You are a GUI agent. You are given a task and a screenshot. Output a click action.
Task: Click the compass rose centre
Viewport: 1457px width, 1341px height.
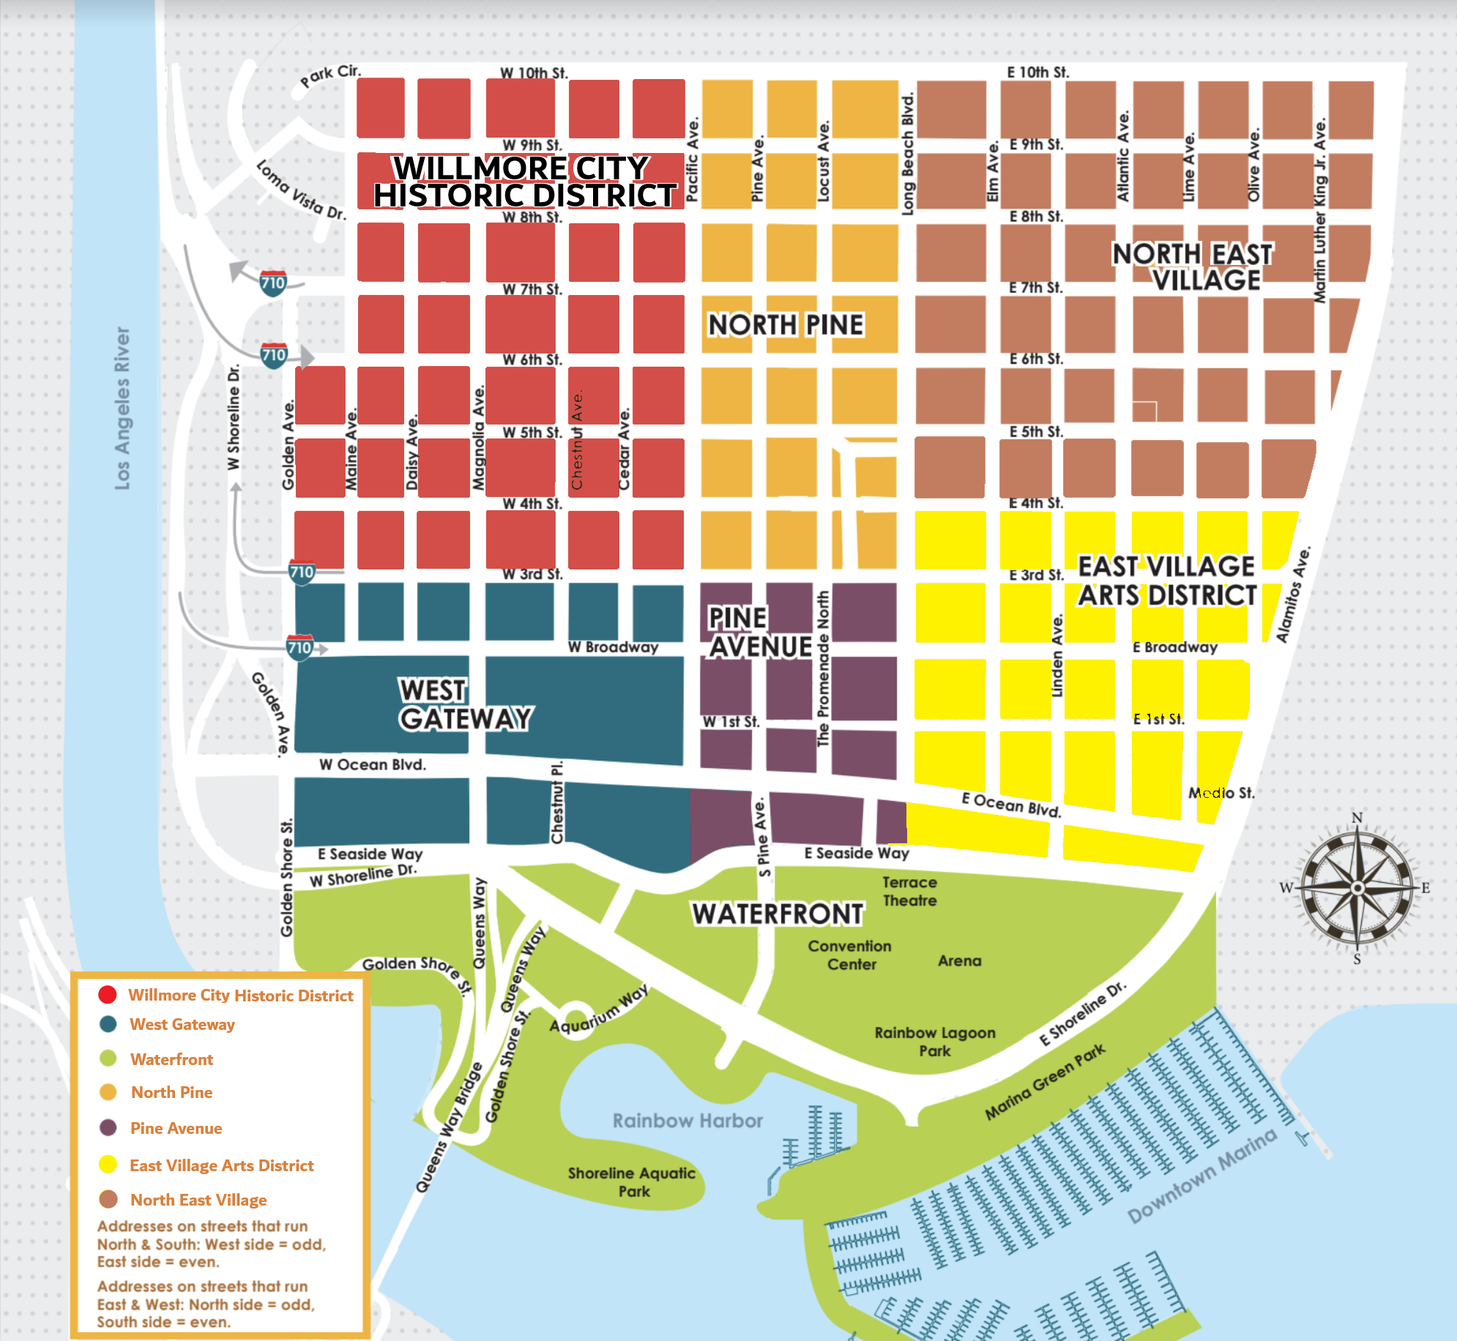coord(1357,888)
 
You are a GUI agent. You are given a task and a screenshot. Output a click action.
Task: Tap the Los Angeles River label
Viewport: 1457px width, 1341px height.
coord(122,408)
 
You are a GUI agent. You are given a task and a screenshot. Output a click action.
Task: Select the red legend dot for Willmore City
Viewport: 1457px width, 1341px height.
coord(108,994)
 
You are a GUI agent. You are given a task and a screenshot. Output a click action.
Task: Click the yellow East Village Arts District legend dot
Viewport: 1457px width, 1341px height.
coord(108,1164)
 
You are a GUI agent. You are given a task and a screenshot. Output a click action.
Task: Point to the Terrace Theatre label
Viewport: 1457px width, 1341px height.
coord(909,892)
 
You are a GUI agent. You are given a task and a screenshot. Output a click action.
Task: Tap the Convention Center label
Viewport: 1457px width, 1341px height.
coord(850,955)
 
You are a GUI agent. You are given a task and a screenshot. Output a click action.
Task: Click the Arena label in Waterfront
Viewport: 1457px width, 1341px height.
coord(959,960)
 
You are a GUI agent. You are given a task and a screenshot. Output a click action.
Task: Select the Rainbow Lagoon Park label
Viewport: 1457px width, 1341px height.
coord(935,1042)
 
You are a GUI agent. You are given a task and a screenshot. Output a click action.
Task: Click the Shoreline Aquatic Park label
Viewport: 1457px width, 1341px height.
coord(632,1181)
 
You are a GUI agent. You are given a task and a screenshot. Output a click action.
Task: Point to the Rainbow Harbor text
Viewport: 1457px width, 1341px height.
coord(687,1121)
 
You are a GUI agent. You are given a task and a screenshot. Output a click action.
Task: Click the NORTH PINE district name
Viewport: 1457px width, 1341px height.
coord(786,324)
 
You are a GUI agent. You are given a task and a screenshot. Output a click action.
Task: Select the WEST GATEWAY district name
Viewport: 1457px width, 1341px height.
coord(466,704)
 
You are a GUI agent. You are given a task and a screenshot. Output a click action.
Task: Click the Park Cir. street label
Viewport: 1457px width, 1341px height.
coord(330,75)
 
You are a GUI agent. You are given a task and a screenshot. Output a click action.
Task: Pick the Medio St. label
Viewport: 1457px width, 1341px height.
coord(1221,793)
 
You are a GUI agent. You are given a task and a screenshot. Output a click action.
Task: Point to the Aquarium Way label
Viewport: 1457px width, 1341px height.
coord(599,1009)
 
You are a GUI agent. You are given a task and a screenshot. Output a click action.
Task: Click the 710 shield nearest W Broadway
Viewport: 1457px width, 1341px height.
coord(299,648)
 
